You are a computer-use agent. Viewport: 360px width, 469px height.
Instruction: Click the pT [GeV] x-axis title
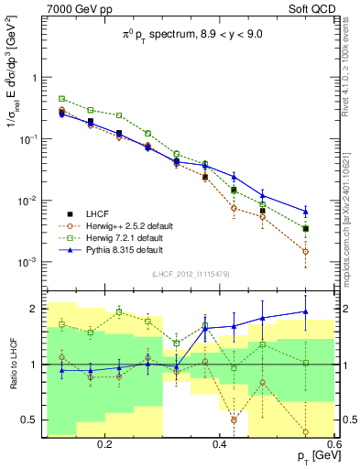pyautogui.click(x=312, y=456)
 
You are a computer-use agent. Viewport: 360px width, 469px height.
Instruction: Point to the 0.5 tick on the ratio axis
pyautogui.click(x=31, y=420)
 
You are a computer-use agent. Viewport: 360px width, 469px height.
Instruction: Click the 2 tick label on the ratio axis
pyautogui.click(x=35, y=308)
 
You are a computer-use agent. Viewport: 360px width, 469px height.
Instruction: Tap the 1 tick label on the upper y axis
pyautogui.click(x=35, y=78)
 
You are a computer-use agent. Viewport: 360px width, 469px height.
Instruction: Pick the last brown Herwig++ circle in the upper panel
pyautogui.click(x=306, y=251)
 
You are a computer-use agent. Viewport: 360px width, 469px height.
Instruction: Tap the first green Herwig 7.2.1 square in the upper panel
pyautogui.click(x=61, y=98)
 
